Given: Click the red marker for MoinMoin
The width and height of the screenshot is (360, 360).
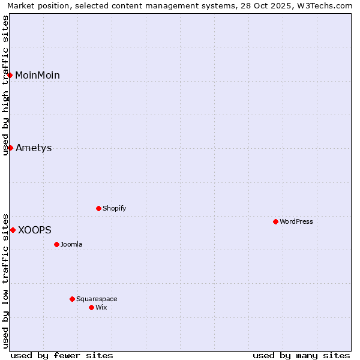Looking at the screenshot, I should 10,75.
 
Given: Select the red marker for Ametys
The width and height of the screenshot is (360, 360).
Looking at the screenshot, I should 10,148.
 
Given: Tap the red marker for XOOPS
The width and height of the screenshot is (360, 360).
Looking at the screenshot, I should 13,230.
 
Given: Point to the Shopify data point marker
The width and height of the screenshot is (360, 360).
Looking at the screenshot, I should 98,208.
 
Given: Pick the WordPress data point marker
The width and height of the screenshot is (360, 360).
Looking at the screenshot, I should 275,221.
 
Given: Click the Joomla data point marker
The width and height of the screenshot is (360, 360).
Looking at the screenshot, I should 56,244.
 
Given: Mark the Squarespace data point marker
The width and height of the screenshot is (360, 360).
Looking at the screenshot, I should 72,299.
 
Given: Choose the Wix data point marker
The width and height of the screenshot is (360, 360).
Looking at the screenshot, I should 91,307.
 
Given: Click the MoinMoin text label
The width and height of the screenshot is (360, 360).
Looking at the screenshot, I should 37,75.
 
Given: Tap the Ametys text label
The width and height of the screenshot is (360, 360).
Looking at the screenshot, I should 34,148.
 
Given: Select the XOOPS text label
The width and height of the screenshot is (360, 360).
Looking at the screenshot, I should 34,230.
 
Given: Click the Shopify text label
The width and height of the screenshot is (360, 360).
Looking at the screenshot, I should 114,208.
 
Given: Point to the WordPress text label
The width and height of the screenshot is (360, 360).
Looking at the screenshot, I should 296,221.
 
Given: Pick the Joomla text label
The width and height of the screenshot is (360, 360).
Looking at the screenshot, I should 71,244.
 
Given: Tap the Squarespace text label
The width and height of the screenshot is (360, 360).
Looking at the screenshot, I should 97,299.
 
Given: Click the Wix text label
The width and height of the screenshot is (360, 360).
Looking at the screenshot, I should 101,307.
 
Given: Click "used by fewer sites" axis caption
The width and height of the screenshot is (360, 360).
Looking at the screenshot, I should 62,355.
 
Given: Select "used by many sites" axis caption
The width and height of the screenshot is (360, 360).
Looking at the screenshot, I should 301,355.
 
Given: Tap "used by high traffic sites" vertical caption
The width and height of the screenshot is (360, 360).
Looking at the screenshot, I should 6,85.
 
